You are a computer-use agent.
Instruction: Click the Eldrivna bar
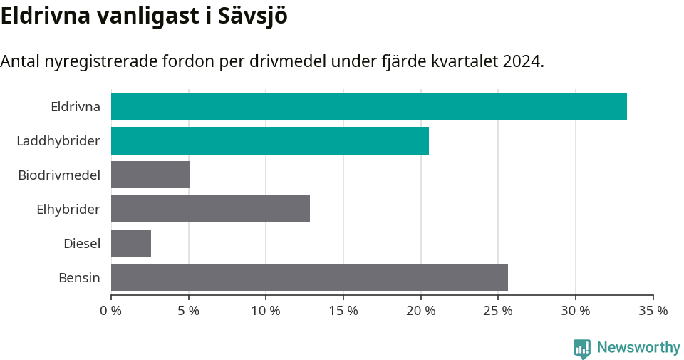[369, 106]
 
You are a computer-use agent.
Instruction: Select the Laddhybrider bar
[270, 140]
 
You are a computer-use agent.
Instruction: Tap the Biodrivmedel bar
[150, 175]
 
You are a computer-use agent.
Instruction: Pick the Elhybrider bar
[210, 209]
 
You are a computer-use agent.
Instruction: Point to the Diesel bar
[131, 243]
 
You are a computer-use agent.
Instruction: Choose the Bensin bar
[309, 277]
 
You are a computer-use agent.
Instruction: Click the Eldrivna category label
[75, 107]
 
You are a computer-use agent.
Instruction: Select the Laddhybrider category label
[58, 141]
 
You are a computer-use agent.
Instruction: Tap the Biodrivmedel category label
[59, 175]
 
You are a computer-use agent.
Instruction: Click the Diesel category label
[81, 244]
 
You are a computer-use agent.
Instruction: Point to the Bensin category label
[79, 278]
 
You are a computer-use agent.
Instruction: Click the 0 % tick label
[111, 311]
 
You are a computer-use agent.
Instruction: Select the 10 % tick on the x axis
[266, 311]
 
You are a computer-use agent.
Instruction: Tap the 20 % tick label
[420, 311]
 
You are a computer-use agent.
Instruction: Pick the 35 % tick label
[653, 311]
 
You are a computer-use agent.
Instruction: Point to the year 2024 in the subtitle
[522, 61]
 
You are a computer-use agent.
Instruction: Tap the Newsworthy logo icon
[582, 349]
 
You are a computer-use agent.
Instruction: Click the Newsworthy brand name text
[638, 348]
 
